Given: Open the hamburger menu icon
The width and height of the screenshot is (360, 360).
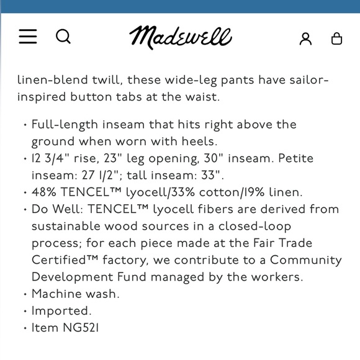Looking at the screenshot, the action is pyautogui.click(x=28, y=37).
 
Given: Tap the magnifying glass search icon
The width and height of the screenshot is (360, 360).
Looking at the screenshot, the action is pyautogui.click(x=63, y=37).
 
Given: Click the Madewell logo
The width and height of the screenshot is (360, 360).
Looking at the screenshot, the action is pyautogui.click(x=181, y=37).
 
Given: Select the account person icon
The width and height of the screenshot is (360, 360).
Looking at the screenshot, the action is pyautogui.click(x=305, y=38).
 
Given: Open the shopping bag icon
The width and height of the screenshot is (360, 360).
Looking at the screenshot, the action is pyautogui.click(x=336, y=38).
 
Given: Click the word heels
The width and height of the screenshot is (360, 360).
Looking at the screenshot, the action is pyautogui.click(x=198, y=142).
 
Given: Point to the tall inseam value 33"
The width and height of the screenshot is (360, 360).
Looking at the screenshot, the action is pyautogui.click(x=211, y=176).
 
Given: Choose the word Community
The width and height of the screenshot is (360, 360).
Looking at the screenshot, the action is pyautogui.click(x=305, y=260).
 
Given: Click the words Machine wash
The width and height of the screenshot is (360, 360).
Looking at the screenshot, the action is pyautogui.click(x=75, y=294).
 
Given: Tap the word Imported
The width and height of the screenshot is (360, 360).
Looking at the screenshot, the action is pyautogui.click(x=61, y=310).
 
